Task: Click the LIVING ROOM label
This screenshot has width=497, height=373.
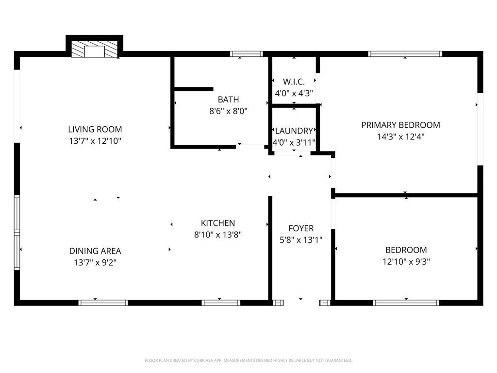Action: tap(95, 129)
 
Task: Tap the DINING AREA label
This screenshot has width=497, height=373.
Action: tap(95, 251)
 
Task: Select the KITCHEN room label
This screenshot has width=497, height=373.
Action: tap(218, 223)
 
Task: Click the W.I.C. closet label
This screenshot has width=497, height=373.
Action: tap(294, 82)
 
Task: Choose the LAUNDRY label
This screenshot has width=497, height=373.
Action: tap(294, 131)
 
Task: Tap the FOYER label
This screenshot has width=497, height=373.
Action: tap(301, 228)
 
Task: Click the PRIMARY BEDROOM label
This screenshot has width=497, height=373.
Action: tap(400, 125)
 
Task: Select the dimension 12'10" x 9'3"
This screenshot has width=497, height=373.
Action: tap(406, 262)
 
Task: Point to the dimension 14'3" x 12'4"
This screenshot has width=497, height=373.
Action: tap(400, 137)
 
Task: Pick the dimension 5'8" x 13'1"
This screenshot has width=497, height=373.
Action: tap(301, 239)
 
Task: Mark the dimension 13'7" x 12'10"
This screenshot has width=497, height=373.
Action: tap(95, 141)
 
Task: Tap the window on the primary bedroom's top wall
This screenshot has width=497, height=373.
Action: tap(405, 54)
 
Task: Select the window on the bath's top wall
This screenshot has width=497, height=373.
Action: tap(246, 54)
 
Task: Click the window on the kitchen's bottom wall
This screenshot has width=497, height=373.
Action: tap(221, 303)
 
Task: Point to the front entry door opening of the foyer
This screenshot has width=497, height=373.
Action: tap(301, 303)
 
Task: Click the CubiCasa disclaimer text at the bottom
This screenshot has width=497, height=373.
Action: tap(248, 360)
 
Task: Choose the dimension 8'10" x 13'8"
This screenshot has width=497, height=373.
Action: tap(218, 235)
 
